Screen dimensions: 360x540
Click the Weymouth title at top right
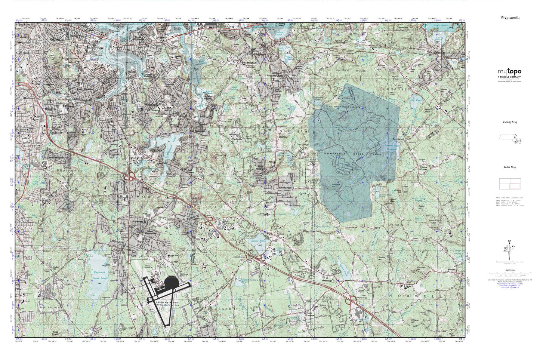click(x=510, y=18)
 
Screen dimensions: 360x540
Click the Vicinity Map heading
click(x=510, y=122)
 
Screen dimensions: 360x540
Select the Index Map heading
click(x=510, y=167)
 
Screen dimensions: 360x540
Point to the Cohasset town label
click(x=439, y=53)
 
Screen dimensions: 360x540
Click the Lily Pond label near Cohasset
click(x=416, y=100)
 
